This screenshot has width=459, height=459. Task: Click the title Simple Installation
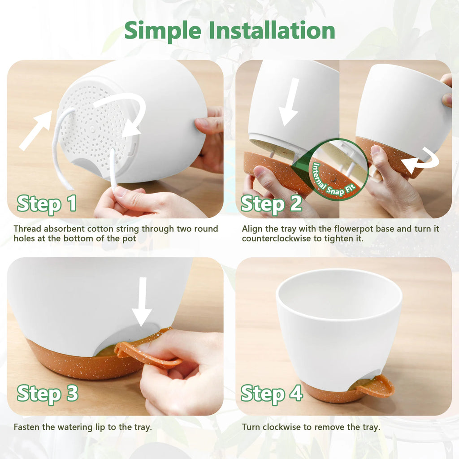(x=229, y=30)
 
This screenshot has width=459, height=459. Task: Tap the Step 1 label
(x=47, y=204)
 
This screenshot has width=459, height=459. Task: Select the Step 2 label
(x=271, y=204)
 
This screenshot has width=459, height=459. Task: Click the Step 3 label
(x=47, y=394)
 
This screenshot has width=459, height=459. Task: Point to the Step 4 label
(x=271, y=394)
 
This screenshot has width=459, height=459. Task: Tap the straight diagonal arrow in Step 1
(x=36, y=130)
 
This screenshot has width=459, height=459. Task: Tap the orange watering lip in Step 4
(x=379, y=386)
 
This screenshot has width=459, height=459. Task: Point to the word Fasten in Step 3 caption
(x=26, y=427)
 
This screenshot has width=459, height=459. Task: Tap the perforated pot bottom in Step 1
(x=96, y=126)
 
